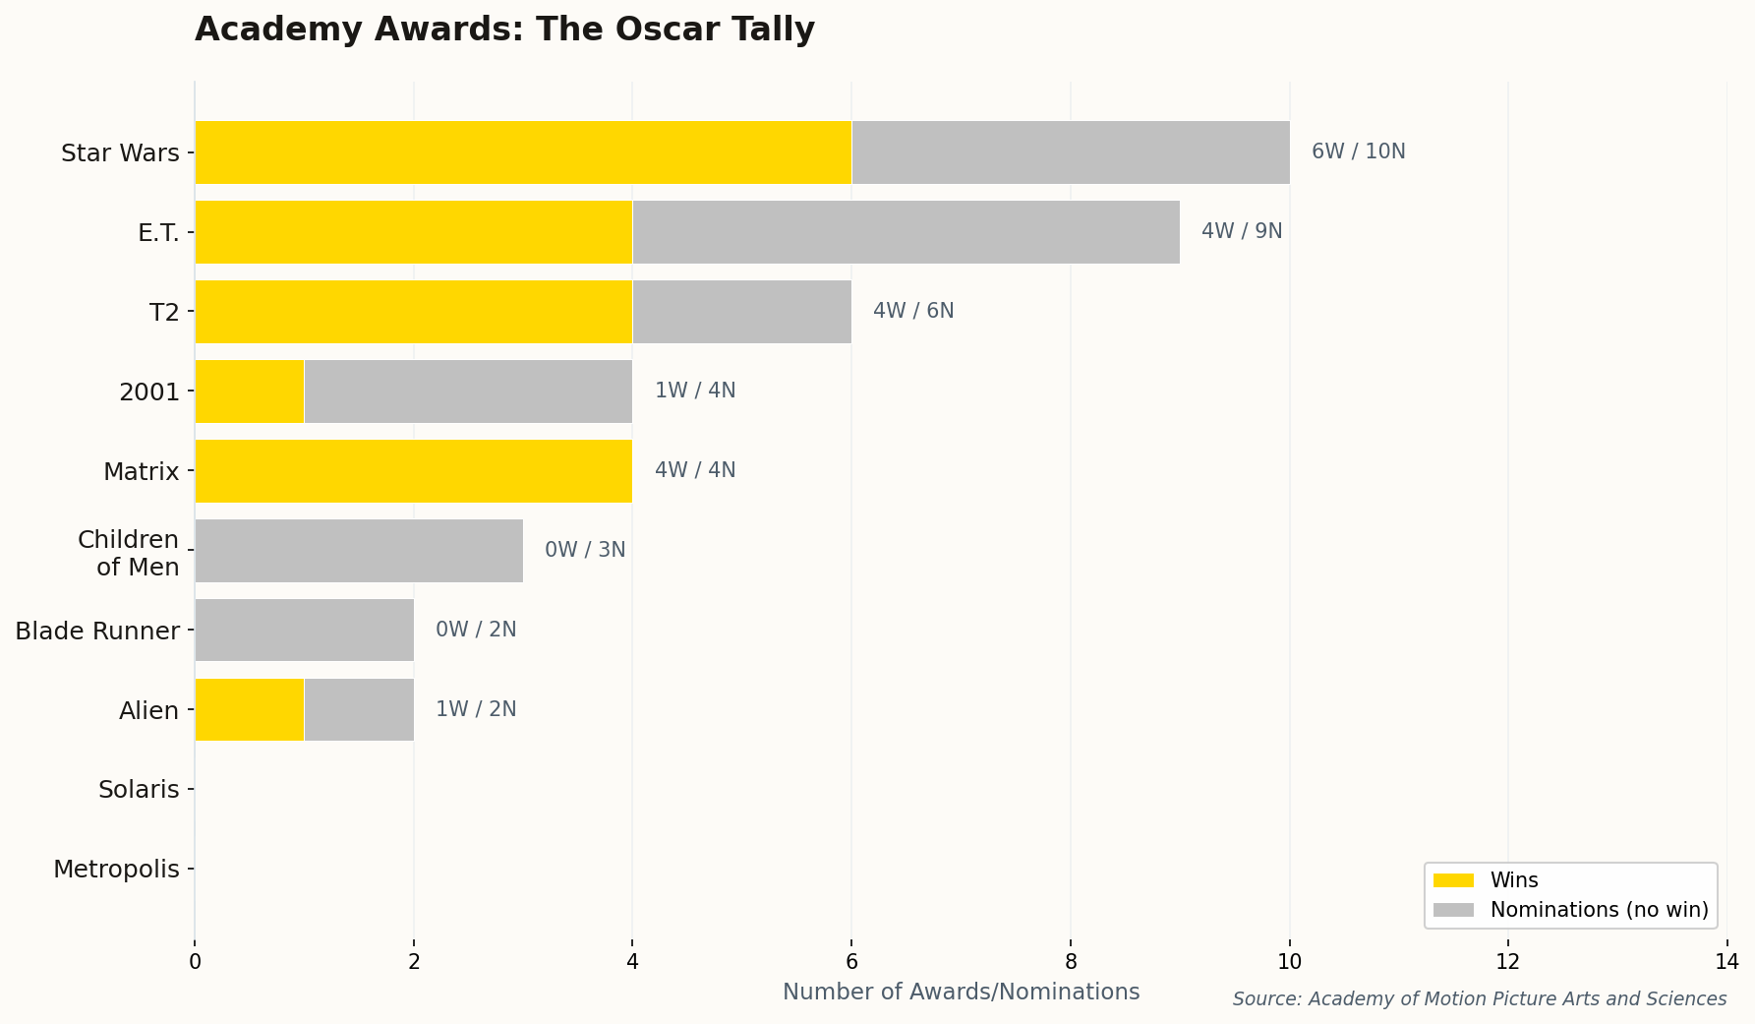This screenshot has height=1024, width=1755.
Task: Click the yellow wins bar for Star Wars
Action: pos(523,152)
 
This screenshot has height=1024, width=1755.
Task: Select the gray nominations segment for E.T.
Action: pos(906,232)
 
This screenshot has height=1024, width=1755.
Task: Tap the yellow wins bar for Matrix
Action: pos(414,471)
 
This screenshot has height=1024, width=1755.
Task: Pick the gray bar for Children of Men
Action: pos(359,551)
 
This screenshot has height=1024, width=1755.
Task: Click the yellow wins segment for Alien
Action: pos(250,709)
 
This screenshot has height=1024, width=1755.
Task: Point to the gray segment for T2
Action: pos(742,312)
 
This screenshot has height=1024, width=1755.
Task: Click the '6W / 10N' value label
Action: pos(1358,151)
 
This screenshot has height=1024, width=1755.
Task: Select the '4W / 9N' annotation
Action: pos(1242,231)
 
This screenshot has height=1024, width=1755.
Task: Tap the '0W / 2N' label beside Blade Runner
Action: pos(476,630)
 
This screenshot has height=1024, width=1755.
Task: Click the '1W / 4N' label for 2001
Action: pos(695,391)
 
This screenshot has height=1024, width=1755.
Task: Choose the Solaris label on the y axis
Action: pos(139,790)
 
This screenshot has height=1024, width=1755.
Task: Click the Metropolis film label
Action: pos(116,870)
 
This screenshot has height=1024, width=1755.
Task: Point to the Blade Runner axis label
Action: pos(97,631)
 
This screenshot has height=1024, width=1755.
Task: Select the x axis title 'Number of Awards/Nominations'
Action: pos(961,992)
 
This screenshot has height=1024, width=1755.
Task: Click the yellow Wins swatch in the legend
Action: pos(1453,880)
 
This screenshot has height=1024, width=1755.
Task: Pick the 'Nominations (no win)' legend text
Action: pos(1599,910)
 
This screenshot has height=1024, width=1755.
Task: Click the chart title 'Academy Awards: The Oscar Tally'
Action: pos(504,30)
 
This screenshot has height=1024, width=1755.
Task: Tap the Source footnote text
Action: pos(1479,999)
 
